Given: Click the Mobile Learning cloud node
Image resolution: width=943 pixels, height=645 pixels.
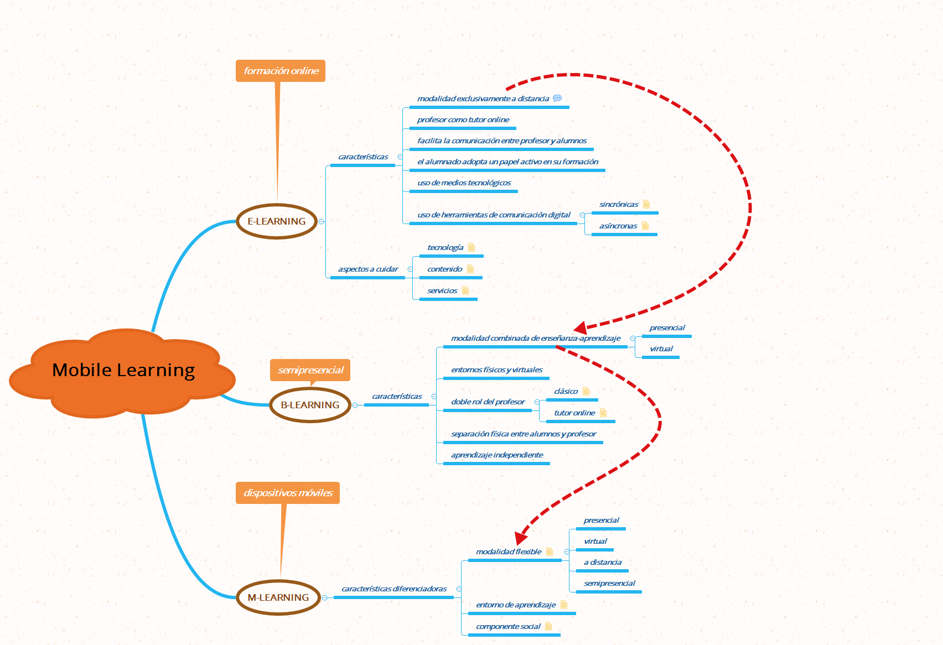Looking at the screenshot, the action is point(122,372).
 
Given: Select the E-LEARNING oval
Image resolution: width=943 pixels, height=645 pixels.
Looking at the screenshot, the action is point(277,221).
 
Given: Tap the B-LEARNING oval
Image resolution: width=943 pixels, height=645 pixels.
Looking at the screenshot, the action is point(310,405).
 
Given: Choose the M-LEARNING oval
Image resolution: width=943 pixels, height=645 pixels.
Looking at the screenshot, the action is point(278,597).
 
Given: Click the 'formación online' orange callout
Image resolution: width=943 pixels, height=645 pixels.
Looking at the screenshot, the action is point(281,71).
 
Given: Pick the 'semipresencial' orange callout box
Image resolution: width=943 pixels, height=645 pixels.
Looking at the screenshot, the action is point(310,370).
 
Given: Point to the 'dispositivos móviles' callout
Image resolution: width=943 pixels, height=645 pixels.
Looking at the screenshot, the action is point(288,493).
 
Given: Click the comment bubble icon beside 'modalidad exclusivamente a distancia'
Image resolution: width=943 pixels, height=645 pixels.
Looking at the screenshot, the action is point(557,98).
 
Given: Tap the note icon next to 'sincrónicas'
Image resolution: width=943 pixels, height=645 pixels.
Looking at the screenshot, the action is point(646,204).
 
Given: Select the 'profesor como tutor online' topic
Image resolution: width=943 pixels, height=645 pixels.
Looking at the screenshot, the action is point(463,120).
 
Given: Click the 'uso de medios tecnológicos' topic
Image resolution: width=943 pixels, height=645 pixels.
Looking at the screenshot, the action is point(464,183).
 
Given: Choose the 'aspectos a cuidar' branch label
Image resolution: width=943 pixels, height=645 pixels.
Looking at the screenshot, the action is point(368,269).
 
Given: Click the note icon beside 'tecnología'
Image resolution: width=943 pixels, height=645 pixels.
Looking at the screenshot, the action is point(471,247).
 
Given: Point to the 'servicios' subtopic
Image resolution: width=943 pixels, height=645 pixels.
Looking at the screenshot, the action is point(442,291).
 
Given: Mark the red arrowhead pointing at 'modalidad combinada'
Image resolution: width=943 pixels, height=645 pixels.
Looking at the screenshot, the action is point(581,327).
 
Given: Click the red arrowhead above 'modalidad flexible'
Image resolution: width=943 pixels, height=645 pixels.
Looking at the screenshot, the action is point(521,538).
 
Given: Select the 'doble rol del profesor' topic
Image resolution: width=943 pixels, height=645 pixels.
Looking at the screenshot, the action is point(488,402).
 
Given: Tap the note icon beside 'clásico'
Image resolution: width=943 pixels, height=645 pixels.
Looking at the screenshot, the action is point(586,391).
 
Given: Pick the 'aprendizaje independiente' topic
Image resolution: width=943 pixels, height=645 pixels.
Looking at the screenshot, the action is point(497,455).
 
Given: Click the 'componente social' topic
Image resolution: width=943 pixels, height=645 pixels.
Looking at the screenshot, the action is point(508,627).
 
